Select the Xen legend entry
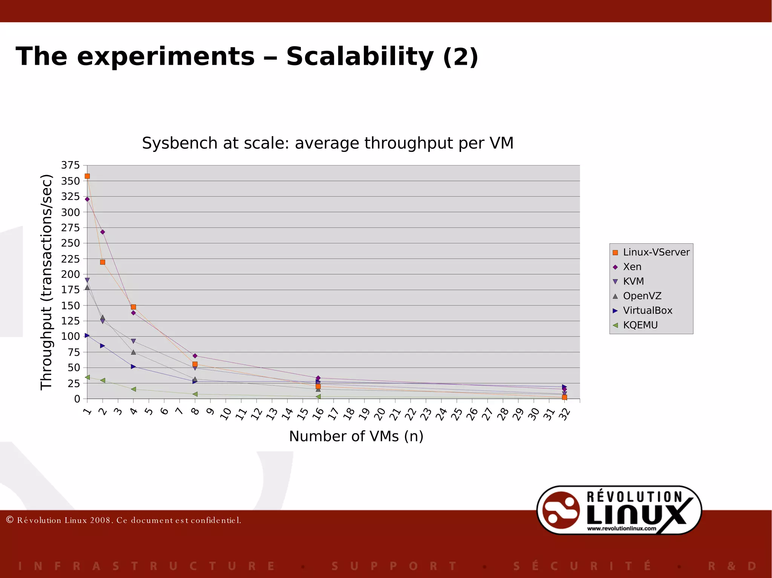tap(632, 267)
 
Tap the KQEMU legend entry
tap(640, 325)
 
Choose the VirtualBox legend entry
tap(647, 311)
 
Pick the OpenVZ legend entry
tap(642, 296)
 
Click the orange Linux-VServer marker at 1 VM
tap(87, 176)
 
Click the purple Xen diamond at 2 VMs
tap(103, 232)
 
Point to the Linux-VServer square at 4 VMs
tap(133, 307)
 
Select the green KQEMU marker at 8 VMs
tap(195, 394)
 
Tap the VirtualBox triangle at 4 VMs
tap(133, 366)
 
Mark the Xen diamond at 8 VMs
tap(195, 356)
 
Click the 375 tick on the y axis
tap(71, 165)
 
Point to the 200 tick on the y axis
tap(71, 274)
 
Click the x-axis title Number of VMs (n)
tap(356, 436)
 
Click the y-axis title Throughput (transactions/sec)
tap(46, 282)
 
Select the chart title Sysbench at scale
tap(327, 143)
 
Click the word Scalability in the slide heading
tap(360, 57)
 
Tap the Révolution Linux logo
tap(619, 510)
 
